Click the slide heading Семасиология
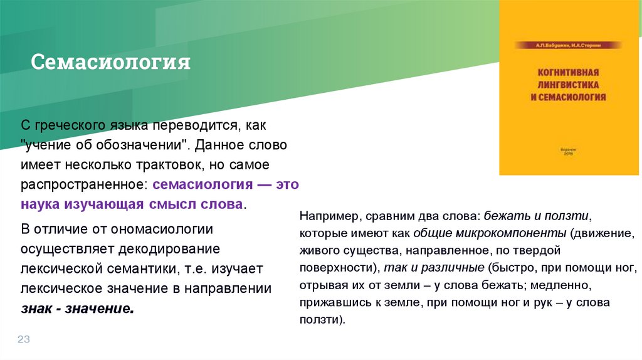coord(111,63)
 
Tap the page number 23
coord(24,339)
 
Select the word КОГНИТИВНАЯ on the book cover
coord(569,71)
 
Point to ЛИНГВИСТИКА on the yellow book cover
coord(569,84)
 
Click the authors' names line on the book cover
coord(569,46)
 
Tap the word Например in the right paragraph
coord(326,216)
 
